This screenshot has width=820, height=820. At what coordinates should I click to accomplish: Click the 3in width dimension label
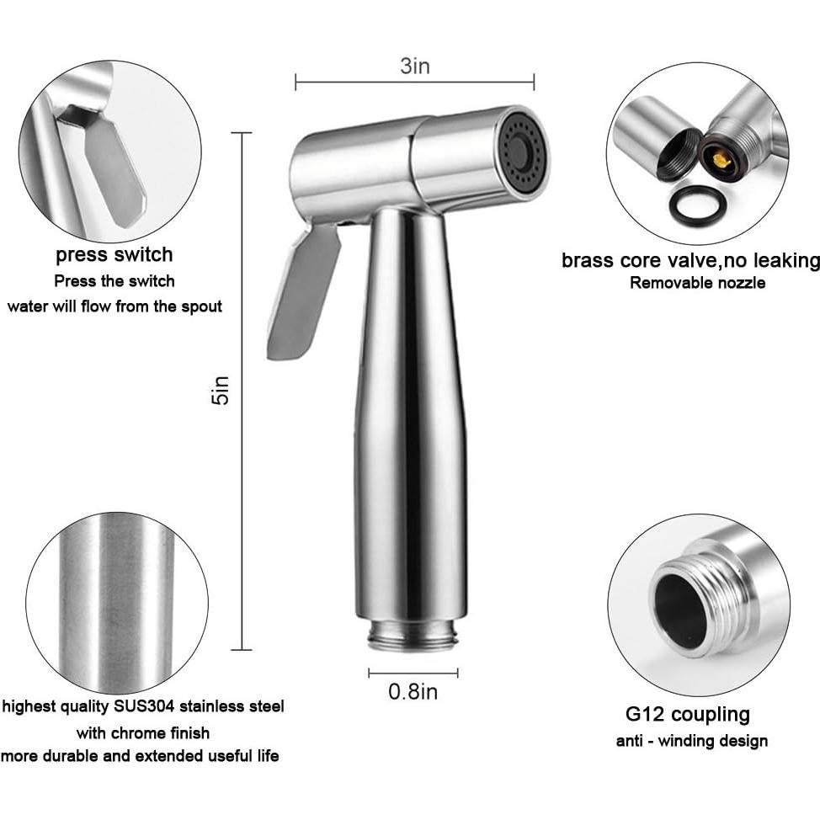point(414,67)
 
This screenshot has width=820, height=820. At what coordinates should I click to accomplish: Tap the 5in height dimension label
point(221,390)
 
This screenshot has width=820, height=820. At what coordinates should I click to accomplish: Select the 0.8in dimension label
point(413,692)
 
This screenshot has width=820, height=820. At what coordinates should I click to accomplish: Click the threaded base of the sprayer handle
point(413,636)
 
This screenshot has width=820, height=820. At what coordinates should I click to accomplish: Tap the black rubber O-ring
point(699,204)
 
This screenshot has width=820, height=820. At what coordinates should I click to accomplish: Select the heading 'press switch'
point(114,254)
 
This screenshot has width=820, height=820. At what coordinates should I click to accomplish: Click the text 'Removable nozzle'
point(697,283)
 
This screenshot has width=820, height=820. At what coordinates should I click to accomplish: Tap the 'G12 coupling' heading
point(687,715)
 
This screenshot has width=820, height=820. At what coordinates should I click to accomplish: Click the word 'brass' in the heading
point(589,260)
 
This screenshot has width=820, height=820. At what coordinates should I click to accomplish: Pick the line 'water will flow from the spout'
point(114,306)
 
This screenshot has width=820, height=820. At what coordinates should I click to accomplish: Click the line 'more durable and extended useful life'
point(140,756)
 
